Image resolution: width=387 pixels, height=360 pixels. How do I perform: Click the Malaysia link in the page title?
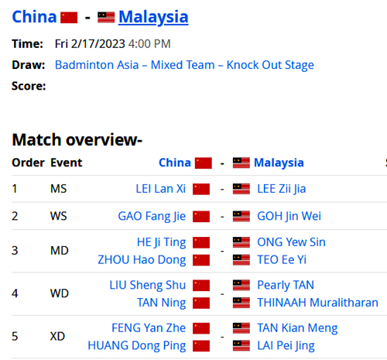click(x=153, y=17)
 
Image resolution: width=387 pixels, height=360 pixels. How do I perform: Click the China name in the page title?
click(x=34, y=17)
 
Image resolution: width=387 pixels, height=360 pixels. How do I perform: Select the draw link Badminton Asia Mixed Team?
click(x=184, y=65)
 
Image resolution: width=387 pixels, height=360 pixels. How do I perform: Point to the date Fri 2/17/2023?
click(x=90, y=44)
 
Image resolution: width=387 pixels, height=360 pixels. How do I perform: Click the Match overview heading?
click(x=77, y=139)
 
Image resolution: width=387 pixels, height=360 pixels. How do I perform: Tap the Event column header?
click(x=67, y=163)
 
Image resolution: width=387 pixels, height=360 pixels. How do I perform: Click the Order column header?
click(x=28, y=163)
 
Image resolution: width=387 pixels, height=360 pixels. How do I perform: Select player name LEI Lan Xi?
click(x=161, y=189)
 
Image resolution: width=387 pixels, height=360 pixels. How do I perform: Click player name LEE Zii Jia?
click(x=282, y=189)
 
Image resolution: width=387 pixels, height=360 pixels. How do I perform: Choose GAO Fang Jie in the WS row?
click(x=152, y=216)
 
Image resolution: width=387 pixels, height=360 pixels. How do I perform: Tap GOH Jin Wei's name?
click(x=289, y=216)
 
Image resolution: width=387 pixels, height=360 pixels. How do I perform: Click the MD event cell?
click(x=60, y=251)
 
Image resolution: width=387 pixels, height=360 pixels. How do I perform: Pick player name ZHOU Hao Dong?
click(x=142, y=260)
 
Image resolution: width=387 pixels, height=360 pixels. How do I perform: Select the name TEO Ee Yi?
click(x=282, y=259)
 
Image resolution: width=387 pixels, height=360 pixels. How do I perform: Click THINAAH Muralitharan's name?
click(x=317, y=303)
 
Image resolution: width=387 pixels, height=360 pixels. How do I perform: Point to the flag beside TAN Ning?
click(x=201, y=303)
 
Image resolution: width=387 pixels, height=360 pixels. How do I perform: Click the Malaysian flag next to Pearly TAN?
click(x=241, y=285)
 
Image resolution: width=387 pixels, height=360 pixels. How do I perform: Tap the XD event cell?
click(x=57, y=337)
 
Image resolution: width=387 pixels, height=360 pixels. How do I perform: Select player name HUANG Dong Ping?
click(x=137, y=346)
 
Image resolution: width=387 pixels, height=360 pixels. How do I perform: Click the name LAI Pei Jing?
click(x=286, y=346)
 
